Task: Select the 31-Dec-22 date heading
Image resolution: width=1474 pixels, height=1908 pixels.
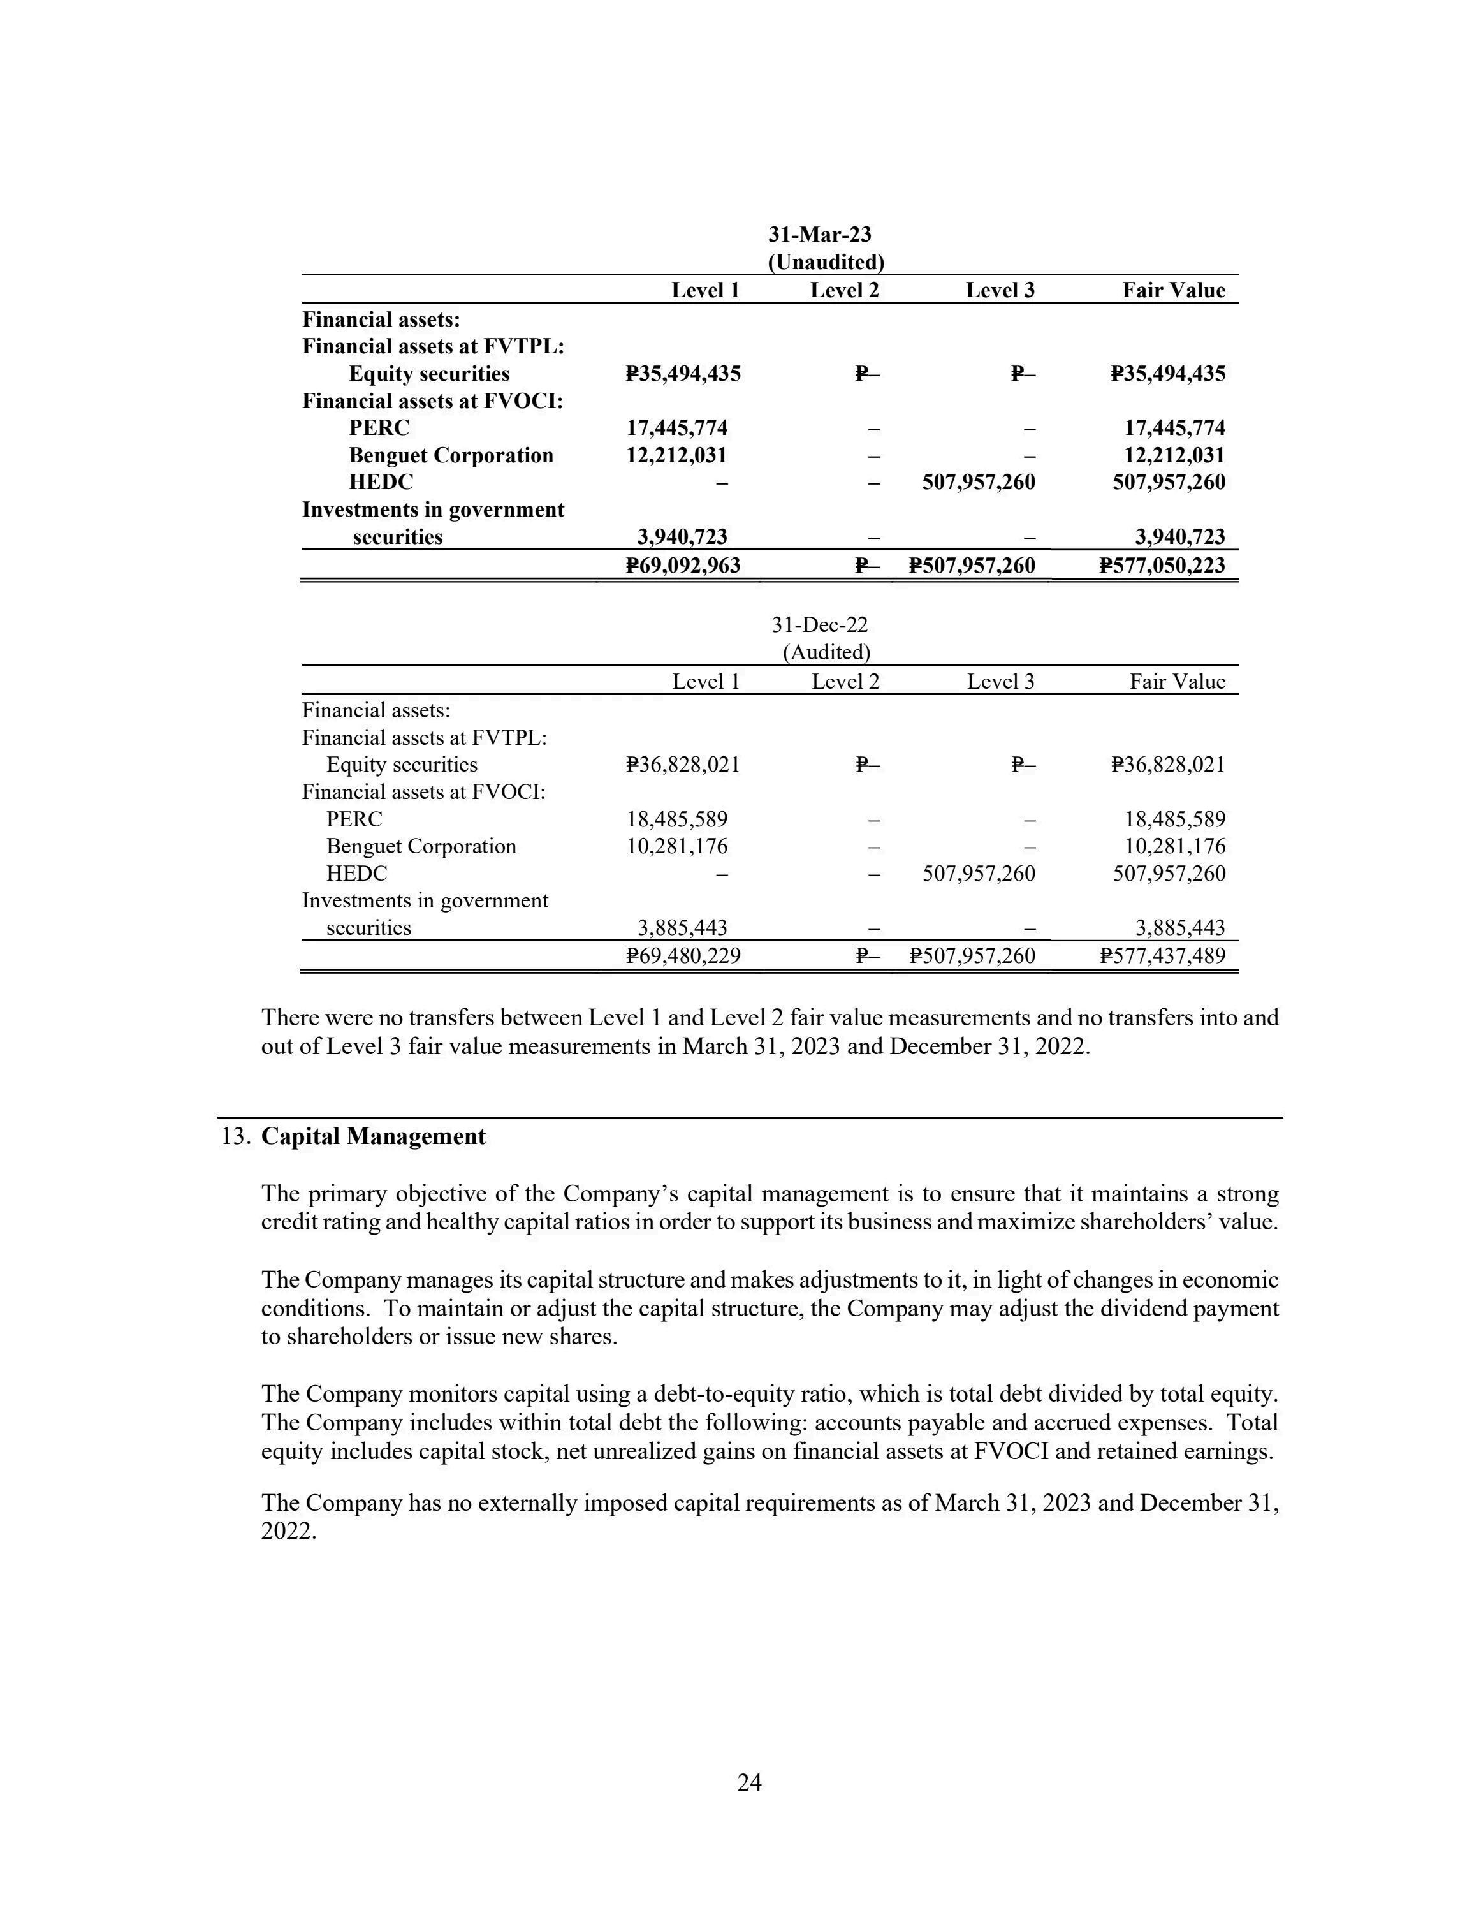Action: coord(819,625)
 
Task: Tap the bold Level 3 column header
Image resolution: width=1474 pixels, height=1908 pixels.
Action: coord(1000,290)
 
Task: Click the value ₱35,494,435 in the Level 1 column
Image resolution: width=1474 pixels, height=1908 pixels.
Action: coord(683,374)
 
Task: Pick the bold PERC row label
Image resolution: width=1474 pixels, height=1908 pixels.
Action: coord(378,428)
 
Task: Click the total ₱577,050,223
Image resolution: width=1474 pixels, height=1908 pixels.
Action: coord(1162,565)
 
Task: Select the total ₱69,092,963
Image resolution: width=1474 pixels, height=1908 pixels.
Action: coord(683,565)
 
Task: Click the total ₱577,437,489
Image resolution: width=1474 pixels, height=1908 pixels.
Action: coord(1162,956)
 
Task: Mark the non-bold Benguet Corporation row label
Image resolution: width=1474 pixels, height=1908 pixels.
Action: coord(421,846)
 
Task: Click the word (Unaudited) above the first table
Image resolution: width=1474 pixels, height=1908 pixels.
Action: coord(826,262)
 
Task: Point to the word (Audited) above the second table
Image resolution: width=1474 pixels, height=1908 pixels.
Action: coord(826,652)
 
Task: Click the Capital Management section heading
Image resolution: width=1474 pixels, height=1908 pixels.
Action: coord(373,1136)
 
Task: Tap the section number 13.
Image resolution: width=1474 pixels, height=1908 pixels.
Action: coord(236,1136)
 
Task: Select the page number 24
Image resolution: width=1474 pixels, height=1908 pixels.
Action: coord(749,1782)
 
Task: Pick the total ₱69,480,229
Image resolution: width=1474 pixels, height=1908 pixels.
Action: coord(683,956)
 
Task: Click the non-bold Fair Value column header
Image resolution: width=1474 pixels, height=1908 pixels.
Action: coord(1177,682)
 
